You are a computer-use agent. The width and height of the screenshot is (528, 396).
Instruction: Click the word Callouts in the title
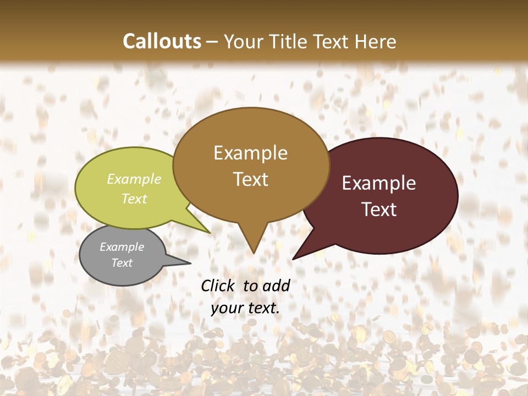tap(162, 41)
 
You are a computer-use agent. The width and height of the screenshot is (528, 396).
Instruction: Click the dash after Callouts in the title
tap(212, 42)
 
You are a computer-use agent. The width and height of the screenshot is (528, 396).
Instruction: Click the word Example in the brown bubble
tap(250, 153)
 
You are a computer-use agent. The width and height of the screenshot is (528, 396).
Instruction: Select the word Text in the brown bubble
tap(250, 179)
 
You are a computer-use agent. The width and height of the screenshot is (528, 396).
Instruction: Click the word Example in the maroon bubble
tap(379, 183)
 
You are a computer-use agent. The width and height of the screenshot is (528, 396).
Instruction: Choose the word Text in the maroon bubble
tap(379, 209)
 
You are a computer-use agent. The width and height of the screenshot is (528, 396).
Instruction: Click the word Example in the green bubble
tap(134, 179)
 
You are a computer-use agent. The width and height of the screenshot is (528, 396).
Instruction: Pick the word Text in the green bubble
tap(134, 199)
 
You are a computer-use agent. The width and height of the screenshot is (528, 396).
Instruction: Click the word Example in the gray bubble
tap(122, 247)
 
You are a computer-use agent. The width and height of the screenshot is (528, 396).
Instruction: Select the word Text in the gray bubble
tap(122, 263)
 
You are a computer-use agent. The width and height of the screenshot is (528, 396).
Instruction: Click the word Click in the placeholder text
tap(219, 285)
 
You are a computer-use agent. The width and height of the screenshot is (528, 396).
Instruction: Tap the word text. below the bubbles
tap(262, 309)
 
